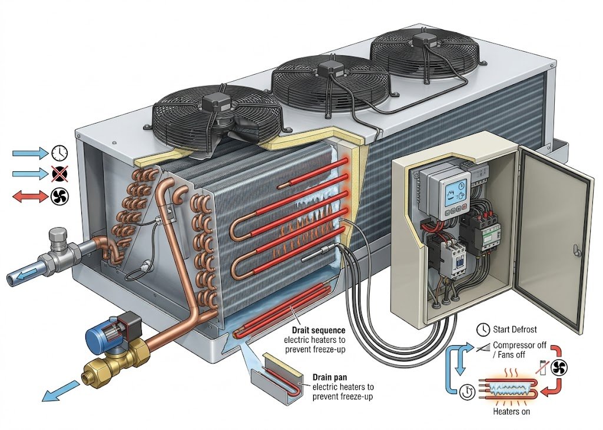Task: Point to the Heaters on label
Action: coord(512,412)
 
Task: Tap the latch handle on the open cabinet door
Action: coord(575,249)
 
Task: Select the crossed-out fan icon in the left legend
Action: coord(59,174)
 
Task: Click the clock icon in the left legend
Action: coord(59,154)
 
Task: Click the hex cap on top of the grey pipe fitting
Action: coord(59,235)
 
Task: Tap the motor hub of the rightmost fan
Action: coord(423,38)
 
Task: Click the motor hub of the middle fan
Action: coord(330,68)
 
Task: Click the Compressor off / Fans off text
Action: coord(519,349)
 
